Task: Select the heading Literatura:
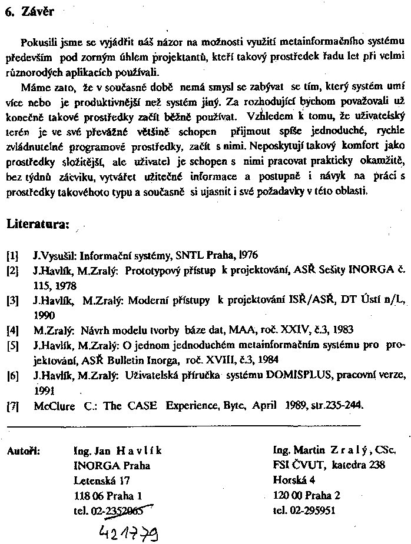pos(38,224)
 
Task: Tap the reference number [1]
pos(12,256)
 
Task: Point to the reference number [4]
pos(12,330)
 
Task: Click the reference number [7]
pos(12,405)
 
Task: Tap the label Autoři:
pos(23,451)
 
